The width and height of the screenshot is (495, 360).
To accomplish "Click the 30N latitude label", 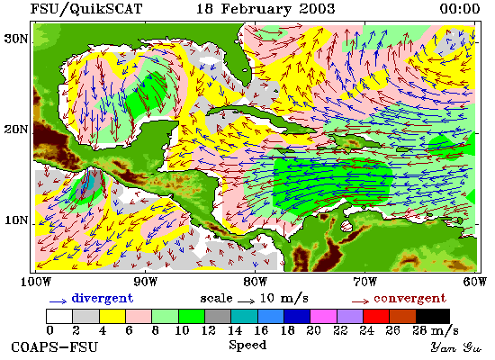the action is pos(15,39).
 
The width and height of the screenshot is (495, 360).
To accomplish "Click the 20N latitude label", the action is pos(15,130).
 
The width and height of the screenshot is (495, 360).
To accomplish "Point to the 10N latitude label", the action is pos(15,220).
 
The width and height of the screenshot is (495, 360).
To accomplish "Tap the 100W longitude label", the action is pos(36,282).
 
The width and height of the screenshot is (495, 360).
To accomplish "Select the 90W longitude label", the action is pos(145,282).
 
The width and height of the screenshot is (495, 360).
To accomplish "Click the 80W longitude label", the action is pos(255,282).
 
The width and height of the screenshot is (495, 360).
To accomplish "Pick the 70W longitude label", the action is pos(364,282).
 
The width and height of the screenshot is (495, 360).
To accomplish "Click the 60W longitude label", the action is pos(475,282).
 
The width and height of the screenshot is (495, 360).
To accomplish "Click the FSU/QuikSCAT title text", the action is pos(86,9).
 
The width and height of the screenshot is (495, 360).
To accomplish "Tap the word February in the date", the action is pos(256,9).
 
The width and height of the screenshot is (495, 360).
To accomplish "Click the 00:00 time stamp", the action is pos(460,9).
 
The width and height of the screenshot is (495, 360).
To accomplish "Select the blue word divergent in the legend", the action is pos(103,298).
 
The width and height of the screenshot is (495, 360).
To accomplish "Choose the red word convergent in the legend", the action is pos(409,298).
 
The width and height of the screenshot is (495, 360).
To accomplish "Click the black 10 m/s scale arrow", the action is pos(246,301).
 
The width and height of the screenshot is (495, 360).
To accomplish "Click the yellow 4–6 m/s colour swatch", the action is pos(112,316).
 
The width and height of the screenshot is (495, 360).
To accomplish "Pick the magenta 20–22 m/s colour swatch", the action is pos(324,316).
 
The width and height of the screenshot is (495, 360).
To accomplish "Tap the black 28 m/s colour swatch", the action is pos(433,316).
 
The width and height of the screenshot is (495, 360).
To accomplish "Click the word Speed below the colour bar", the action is pos(247,345).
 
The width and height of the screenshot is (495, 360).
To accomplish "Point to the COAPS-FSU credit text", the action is pos(55,346).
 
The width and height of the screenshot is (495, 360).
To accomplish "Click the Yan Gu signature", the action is pos(455,346).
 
